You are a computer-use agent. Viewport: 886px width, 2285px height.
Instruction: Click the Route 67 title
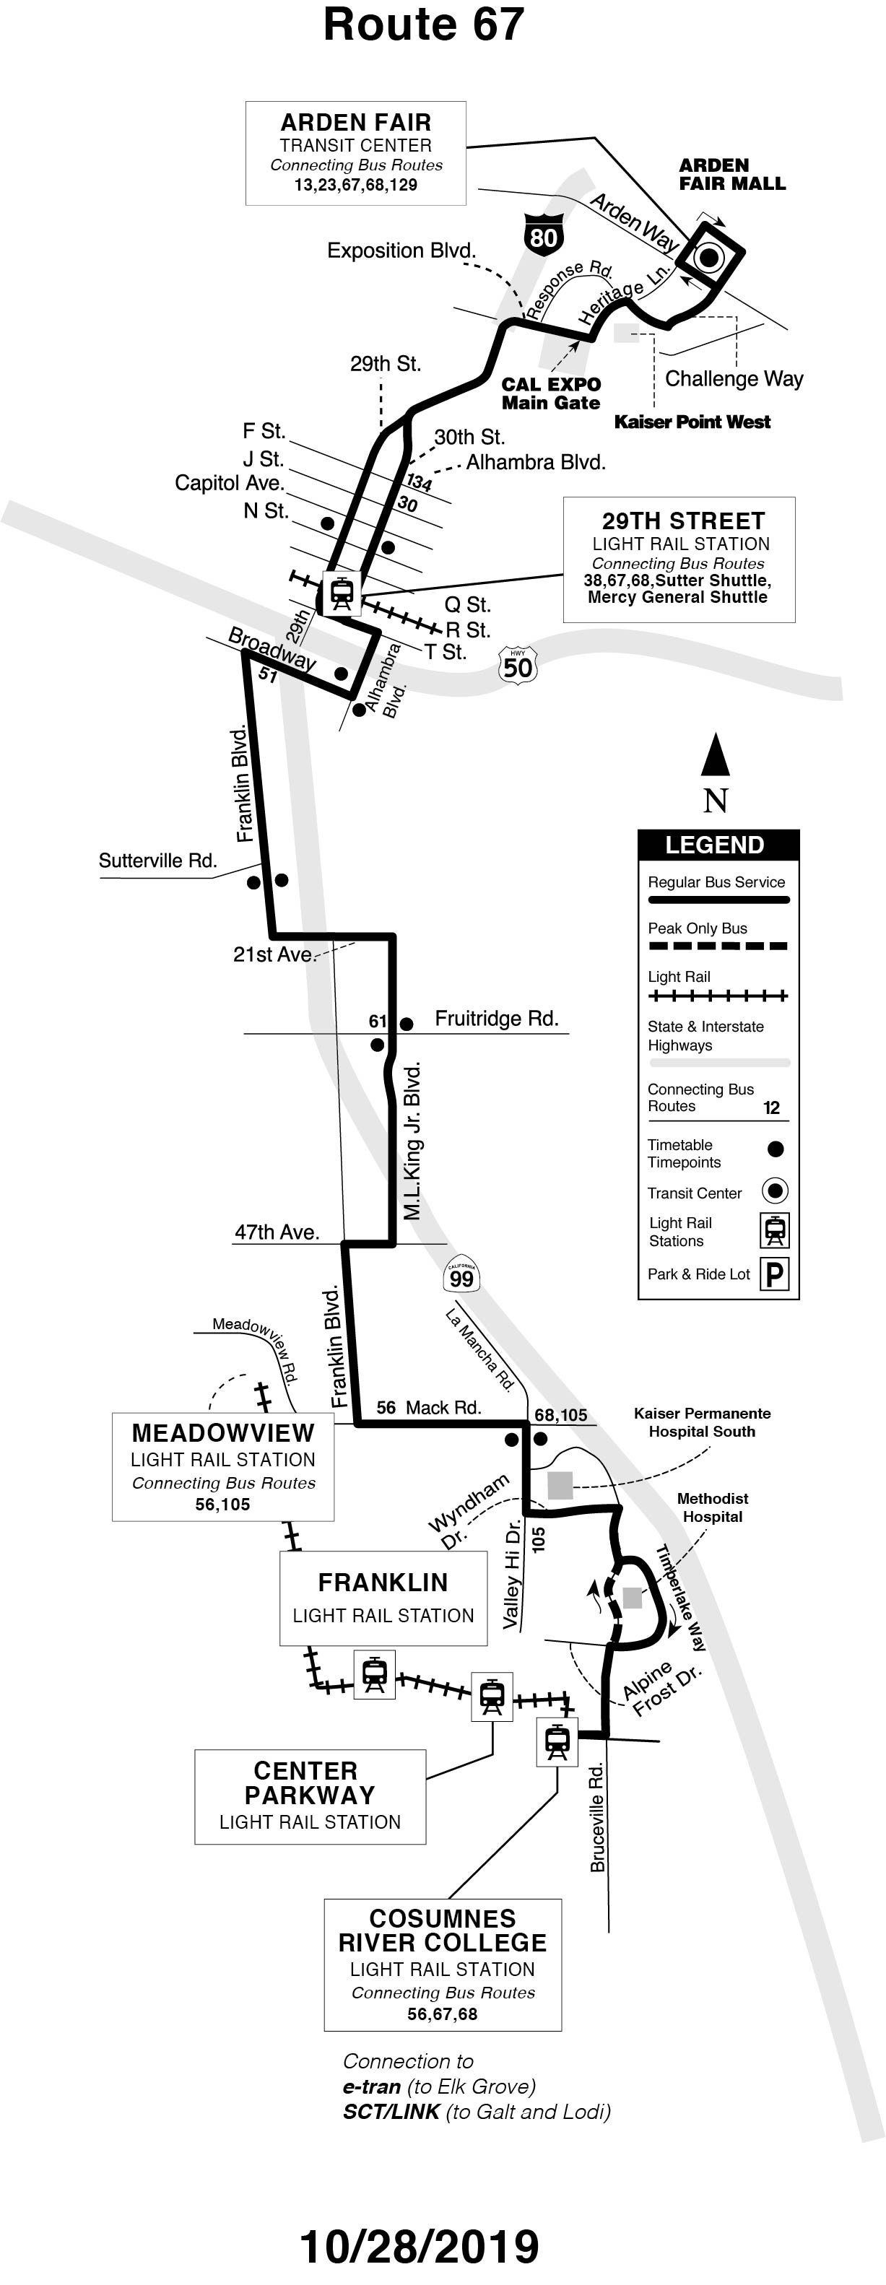pyautogui.click(x=423, y=25)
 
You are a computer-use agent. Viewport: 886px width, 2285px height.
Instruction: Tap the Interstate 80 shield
pyautogui.click(x=543, y=233)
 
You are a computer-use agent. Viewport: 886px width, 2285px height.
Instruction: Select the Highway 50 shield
pyautogui.click(x=518, y=665)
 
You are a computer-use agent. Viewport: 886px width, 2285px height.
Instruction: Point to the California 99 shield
pyautogui.click(x=461, y=1277)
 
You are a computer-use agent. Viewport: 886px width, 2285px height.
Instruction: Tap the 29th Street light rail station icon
pyautogui.click(x=342, y=593)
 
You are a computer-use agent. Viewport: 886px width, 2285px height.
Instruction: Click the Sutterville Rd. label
pyautogui.click(x=157, y=861)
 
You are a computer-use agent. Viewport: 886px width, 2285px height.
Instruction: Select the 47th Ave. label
pyautogui.click(x=276, y=1232)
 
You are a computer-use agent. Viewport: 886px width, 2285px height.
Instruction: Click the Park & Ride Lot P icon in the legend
pyautogui.click(x=775, y=1275)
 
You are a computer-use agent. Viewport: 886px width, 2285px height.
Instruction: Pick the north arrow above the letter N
pyautogui.click(x=716, y=755)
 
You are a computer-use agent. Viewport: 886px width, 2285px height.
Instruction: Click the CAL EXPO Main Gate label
pyautogui.click(x=551, y=393)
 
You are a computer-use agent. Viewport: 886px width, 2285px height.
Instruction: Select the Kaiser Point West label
pyautogui.click(x=692, y=422)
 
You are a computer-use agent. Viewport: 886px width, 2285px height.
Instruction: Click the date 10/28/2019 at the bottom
pyautogui.click(x=419, y=2247)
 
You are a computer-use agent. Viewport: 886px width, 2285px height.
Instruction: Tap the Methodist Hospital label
pyautogui.click(x=712, y=1507)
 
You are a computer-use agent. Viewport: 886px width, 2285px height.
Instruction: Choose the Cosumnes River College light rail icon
pyautogui.click(x=557, y=1741)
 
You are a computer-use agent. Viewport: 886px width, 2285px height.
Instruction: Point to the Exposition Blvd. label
pyautogui.click(x=401, y=251)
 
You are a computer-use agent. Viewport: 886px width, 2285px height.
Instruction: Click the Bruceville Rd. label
pyautogui.click(x=598, y=1819)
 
